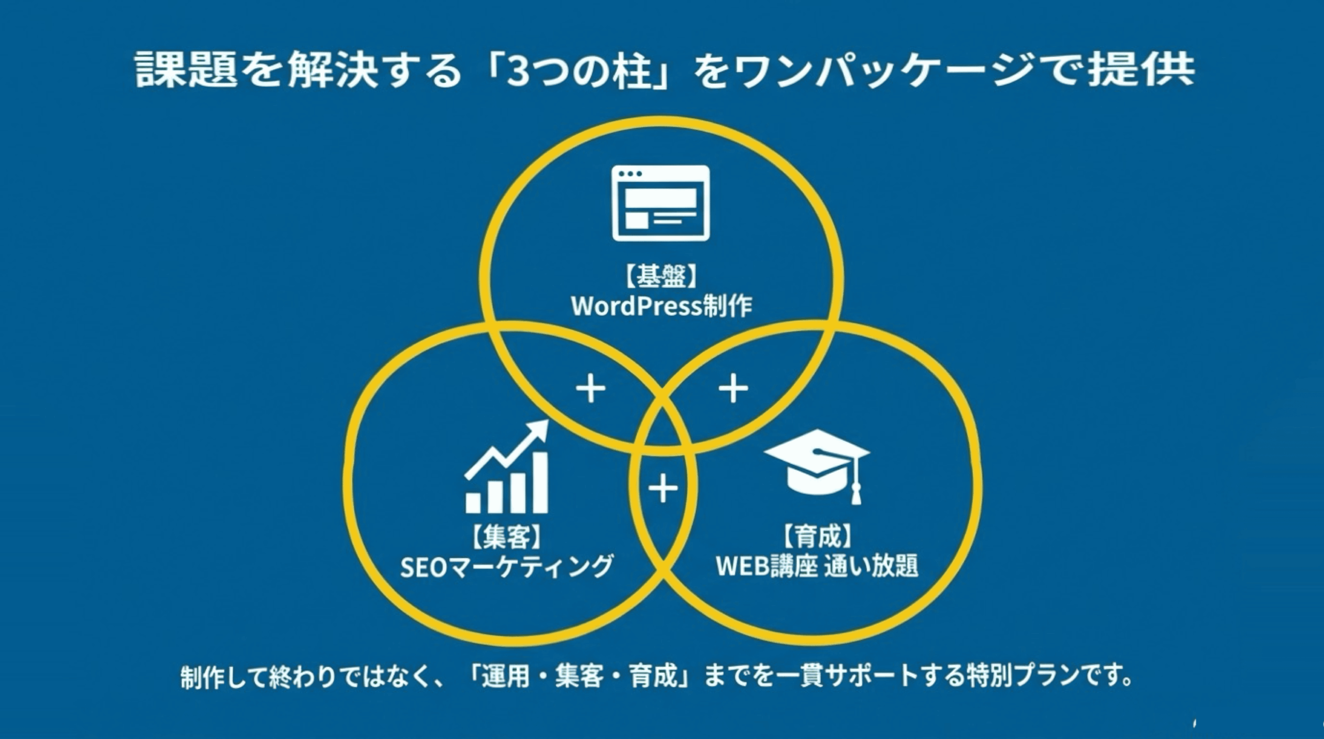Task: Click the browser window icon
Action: point(660,203)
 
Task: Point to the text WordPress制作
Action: point(661,307)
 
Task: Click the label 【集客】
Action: point(506,537)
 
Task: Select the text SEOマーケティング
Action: point(506,567)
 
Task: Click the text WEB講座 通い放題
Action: point(817,567)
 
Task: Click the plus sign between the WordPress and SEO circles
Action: point(591,389)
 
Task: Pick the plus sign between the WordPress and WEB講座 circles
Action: point(733,389)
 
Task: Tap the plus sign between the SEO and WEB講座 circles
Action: point(663,488)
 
